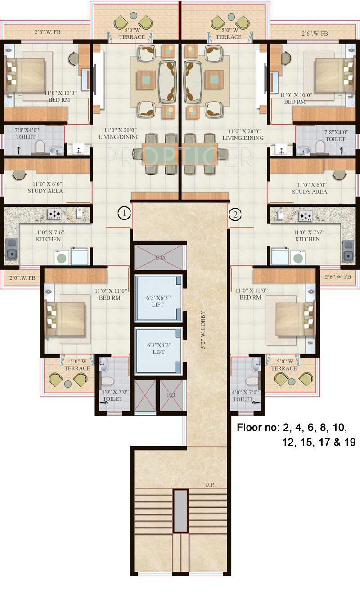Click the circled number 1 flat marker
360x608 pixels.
(x=124, y=213)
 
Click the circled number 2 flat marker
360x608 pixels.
(x=235, y=214)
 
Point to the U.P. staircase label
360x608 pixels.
(x=209, y=485)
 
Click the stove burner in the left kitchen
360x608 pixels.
(x=55, y=215)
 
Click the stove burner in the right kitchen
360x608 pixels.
(x=306, y=215)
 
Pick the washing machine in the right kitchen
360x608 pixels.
(x=297, y=258)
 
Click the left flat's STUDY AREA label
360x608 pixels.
(x=45, y=188)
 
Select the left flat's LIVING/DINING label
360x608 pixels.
(x=119, y=134)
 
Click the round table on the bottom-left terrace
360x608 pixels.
(x=67, y=384)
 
